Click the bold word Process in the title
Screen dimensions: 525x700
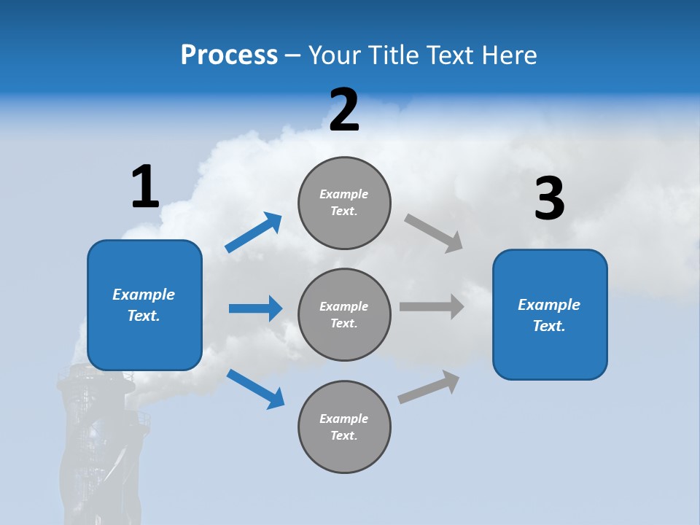pos(229,55)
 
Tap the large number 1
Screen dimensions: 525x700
pos(145,187)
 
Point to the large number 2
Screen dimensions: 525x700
pos(344,110)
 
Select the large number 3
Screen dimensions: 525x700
pos(549,199)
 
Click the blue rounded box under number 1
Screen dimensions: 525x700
pos(144,343)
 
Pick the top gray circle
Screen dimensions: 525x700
pos(345,203)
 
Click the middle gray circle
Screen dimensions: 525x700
pos(345,315)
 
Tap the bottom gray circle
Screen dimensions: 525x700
pos(345,427)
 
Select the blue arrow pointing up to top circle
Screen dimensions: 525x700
pos(254,233)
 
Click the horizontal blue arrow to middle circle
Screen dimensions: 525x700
pos(255,308)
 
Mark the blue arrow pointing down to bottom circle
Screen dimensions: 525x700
pos(255,388)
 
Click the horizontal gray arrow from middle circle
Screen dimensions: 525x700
pos(432,306)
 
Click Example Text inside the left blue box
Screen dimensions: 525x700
pos(144,305)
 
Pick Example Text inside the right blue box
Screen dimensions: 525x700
pos(549,315)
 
